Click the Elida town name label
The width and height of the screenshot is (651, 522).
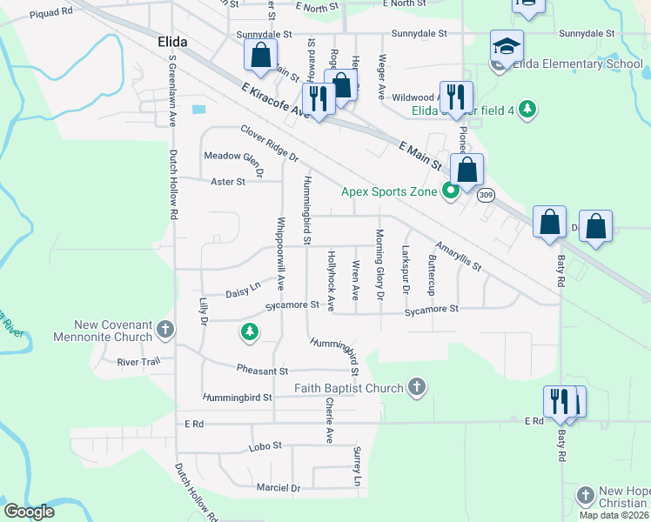[x=173, y=42]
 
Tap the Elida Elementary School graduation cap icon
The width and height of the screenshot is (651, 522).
[x=507, y=46]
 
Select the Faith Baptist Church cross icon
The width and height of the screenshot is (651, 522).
[x=417, y=387]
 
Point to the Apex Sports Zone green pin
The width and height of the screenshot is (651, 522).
[x=450, y=192]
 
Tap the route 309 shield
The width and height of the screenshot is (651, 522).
[x=486, y=195]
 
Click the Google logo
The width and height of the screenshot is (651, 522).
[x=29, y=512]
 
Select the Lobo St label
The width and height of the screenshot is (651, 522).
[x=265, y=445]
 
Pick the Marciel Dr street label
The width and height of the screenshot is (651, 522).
[x=279, y=488]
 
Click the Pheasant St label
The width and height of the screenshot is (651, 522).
[x=262, y=371]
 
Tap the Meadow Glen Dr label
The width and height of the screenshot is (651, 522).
[x=232, y=156]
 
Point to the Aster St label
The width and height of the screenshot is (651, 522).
[x=228, y=182]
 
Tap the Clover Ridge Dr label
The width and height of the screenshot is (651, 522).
[x=269, y=144]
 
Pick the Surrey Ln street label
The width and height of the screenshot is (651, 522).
[x=356, y=466]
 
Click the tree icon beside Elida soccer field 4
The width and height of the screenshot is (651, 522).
[x=526, y=110]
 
